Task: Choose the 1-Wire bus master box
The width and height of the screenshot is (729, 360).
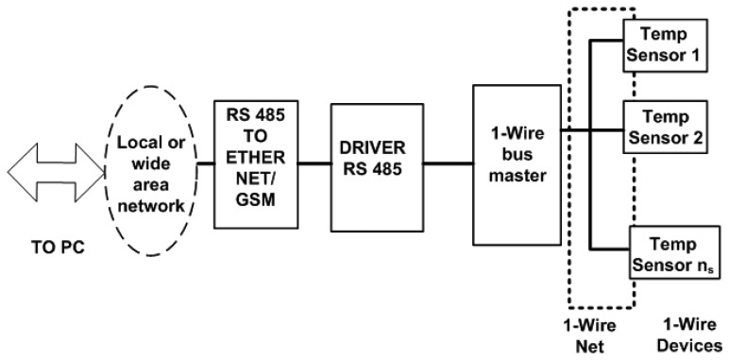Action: tap(516, 163)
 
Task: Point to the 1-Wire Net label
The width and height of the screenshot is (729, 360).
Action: tap(596, 335)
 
